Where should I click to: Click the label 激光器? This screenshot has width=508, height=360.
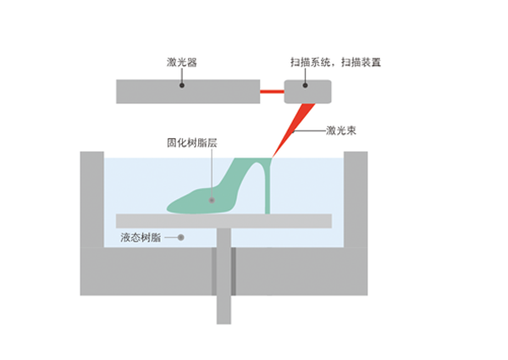(x=182, y=62)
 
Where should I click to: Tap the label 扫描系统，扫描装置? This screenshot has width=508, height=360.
(x=335, y=62)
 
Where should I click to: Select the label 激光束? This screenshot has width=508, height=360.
(x=341, y=130)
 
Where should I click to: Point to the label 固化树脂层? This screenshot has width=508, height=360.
(x=192, y=142)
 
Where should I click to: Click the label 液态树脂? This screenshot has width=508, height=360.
(x=141, y=237)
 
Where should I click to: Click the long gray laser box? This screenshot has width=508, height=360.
(x=188, y=91)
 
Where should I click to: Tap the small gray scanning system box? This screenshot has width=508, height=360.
(x=308, y=91)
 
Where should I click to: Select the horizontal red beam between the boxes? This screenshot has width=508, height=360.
(x=272, y=91)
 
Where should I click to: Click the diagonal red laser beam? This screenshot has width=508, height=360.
(x=293, y=130)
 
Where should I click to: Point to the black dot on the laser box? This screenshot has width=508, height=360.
(x=182, y=86)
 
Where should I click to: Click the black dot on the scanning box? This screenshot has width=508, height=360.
(x=305, y=86)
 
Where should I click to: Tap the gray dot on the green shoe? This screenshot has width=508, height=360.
(x=212, y=200)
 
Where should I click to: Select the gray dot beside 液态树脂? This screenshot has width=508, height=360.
(x=181, y=237)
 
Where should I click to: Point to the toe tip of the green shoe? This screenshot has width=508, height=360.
(x=168, y=209)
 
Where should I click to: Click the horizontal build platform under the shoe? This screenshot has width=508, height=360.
(x=224, y=221)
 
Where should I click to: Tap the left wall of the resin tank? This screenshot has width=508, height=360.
(x=92, y=199)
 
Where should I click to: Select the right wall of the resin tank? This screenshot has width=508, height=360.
(x=356, y=199)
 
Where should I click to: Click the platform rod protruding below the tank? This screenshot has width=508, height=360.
(x=224, y=309)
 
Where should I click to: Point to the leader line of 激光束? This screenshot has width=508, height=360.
(x=309, y=131)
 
